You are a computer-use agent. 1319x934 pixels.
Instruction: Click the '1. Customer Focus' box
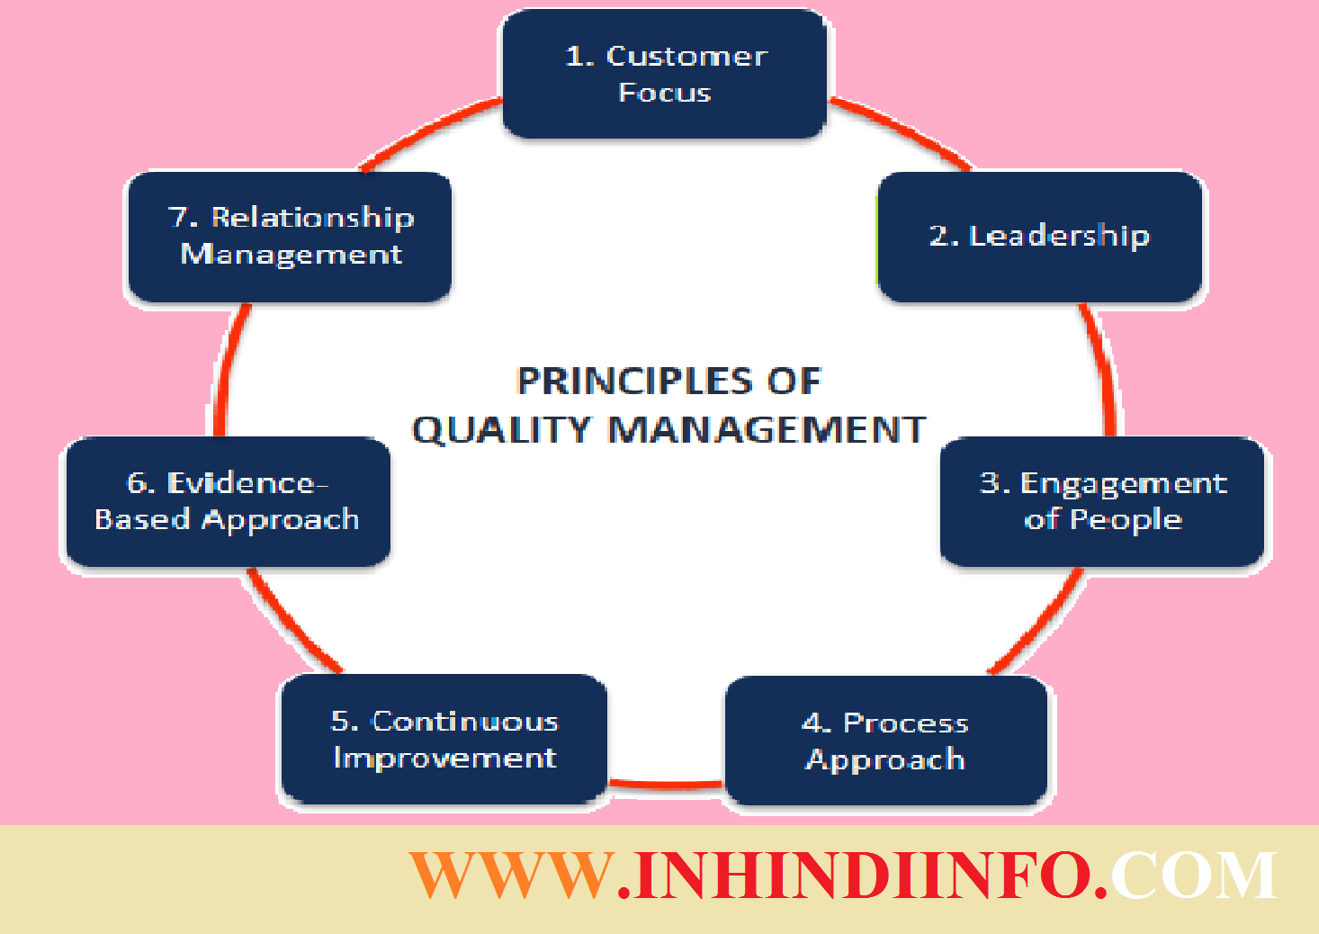coord(664,74)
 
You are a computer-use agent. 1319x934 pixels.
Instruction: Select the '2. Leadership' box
coord(1040,237)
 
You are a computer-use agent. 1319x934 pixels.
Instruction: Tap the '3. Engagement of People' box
coord(1102,501)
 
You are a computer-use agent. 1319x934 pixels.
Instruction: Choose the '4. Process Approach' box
coord(886,741)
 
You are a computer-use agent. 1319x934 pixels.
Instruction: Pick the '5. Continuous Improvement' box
coord(444,739)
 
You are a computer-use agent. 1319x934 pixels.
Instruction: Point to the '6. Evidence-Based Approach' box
coord(228,501)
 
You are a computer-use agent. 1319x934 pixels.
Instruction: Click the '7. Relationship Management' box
coord(290,236)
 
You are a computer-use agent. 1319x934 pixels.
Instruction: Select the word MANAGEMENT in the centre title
coord(767,430)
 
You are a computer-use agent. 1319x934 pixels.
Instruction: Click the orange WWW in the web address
coord(510,875)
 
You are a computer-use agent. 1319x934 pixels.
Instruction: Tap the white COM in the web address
coord(1193,875)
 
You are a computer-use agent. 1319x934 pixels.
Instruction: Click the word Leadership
coord(1059,237)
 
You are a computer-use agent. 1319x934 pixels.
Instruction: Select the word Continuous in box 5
coord(465,722)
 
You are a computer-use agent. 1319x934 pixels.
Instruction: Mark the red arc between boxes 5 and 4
coord(666,784)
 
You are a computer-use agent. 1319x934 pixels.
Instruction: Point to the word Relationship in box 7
coord(312,218)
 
